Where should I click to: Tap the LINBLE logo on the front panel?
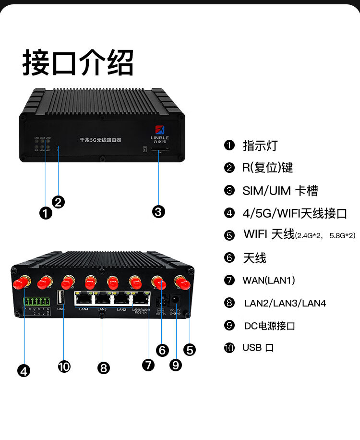click(159, 131)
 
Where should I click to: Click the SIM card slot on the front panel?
click(160, 150)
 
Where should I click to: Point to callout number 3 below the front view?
click(158, 211)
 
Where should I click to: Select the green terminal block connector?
click(36, 302)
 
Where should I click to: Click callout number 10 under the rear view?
click(64, 367)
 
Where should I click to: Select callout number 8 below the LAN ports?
click(104, 368)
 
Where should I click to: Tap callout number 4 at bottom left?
click(24, 370)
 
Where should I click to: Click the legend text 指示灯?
click(260, 145)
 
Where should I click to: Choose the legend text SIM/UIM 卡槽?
click(280, 191)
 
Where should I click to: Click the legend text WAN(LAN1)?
click(269, 280)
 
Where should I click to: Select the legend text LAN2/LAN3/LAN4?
click(285, 303)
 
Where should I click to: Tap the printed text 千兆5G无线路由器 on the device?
click(100, 140)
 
